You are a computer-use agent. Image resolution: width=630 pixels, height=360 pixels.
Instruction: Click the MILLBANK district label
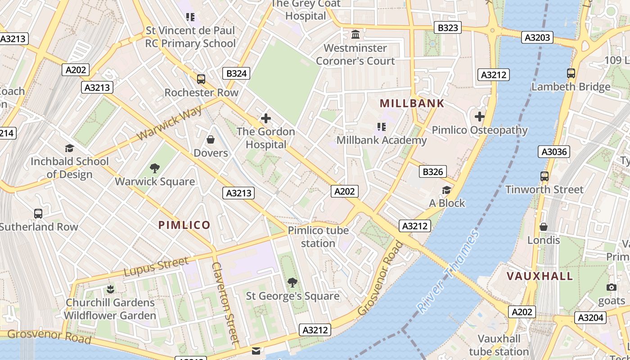click(x=412, y=103)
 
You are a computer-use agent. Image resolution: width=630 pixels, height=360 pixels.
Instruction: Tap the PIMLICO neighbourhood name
click(x=184, y=225)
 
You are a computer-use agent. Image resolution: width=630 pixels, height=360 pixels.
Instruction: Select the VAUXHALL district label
click(x=540, y=276)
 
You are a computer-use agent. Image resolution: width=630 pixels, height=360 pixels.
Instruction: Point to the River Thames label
click(x=448, y=272)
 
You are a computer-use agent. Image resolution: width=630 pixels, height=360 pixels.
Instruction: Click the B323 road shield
click(x=448, y=28)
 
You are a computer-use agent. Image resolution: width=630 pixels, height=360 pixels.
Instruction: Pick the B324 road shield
click(x=236, y=73)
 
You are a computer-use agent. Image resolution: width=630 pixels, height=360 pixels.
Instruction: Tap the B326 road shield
click(x=433, y=171)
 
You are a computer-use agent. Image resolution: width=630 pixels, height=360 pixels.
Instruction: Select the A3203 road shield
click(x=538, y=37)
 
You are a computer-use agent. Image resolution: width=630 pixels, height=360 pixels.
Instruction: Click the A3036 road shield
click(x=554, y=152)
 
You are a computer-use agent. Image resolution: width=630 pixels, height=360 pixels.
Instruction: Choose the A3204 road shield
click(x=590, y=318)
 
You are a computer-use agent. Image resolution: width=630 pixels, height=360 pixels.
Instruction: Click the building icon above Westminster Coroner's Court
click(x=355, y=34)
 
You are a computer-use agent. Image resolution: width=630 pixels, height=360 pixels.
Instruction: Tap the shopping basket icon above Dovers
click(x=210, y=139)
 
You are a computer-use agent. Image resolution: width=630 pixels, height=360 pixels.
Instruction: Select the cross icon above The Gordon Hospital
click(x=266, y=118)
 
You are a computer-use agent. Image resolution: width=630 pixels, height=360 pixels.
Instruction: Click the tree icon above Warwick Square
click(x=155, y=168)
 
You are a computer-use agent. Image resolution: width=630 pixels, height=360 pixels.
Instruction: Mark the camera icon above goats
click(x=611, y=287)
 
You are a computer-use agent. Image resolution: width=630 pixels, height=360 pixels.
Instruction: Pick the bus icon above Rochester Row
click(x=201, y=79)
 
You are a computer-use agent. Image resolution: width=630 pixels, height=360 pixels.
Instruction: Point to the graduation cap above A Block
click(x=446, y=190)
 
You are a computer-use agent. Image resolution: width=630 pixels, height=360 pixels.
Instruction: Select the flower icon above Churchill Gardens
click(x=110, y=289)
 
